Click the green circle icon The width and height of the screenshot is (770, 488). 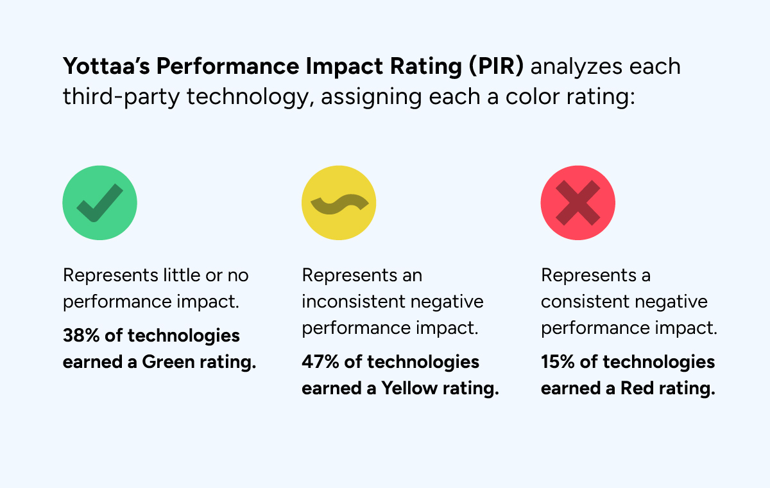(x=99, y=203)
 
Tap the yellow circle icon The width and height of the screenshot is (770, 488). (x=339, y=203)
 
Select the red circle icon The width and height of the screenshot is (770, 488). (x=578, y=203)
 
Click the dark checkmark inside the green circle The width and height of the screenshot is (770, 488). (x=99, y=203)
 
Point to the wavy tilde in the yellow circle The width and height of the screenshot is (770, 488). (x=339, y=204)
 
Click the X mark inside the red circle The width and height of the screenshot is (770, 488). (x=578, y=203)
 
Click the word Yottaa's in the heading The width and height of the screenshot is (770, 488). (x=107, y=66)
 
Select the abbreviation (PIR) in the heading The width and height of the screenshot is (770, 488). (x=496, y=66)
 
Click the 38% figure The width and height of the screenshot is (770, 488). (x=81, y=335)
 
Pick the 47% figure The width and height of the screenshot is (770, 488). (x=320, y=362)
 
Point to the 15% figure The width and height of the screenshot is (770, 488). (x=558, y=362)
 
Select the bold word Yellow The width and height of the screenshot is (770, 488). (x=409, y=388)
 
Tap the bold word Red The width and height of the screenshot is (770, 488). (x=637, y=388)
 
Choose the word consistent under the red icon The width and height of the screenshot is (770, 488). (x=585, y=302)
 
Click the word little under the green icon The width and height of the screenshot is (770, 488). (x=182, y=275)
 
